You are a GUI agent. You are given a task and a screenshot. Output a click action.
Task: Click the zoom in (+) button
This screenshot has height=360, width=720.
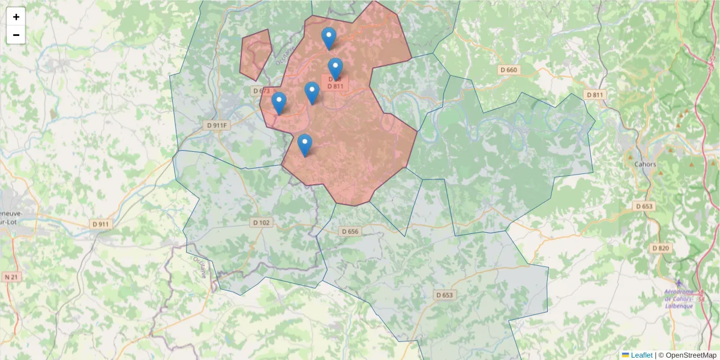tap(16, 17)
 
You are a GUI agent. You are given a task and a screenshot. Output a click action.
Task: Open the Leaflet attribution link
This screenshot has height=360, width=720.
tap(641, 355)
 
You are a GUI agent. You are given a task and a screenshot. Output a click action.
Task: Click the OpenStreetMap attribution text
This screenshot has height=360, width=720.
tap(691, 355)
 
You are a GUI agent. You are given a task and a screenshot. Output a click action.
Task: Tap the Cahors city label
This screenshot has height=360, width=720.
tap(645, 164)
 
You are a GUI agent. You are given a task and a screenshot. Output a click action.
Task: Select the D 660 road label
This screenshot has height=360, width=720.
tap(508, 70)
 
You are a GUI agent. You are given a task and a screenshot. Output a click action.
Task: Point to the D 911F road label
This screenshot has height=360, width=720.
tap(217, 125)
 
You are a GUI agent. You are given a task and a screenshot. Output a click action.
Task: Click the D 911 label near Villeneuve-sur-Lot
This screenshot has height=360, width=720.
tap(101, 224)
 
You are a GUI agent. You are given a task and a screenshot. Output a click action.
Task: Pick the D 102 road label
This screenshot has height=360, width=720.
tap(262, 223)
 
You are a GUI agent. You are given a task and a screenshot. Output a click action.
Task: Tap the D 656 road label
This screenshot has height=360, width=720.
tap(350, 232)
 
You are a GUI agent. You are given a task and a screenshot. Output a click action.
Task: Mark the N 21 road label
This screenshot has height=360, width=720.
tap(11, 277)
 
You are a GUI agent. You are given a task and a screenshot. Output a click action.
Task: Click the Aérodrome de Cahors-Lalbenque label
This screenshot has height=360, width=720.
tap(679, 299)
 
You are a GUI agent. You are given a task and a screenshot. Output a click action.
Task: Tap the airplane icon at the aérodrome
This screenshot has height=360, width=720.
tap(679, 283)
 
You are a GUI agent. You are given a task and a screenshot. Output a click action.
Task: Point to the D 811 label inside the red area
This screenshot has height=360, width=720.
tap(335, 86)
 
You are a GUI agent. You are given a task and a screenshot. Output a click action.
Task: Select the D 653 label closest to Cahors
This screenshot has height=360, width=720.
tap(644, 206)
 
